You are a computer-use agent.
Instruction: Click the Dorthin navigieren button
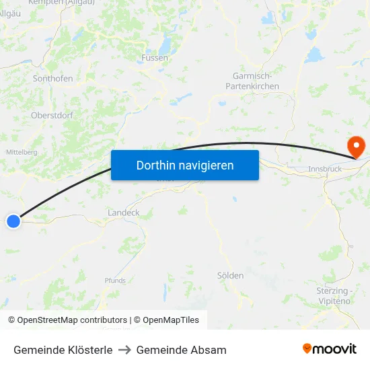point(184,165)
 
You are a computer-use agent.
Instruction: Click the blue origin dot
point(13,221)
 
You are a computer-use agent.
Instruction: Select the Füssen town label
point(155,58)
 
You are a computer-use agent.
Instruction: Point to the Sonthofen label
point(53,79)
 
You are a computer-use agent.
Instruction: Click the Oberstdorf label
point(52,115)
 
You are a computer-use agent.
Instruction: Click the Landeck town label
point(124,213)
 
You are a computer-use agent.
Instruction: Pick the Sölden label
point(230,276)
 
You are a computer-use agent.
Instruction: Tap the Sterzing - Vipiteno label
point(333,296)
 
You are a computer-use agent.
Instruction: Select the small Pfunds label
point(115,281)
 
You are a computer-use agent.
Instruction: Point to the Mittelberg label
point(22,152)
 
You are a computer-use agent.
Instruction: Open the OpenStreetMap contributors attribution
point(72,320)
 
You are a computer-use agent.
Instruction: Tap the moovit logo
point(330,349)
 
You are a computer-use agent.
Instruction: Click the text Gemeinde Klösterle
point(63,350)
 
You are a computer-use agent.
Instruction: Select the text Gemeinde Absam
point(181,350)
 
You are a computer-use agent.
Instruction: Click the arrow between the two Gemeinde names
point(124,350)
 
